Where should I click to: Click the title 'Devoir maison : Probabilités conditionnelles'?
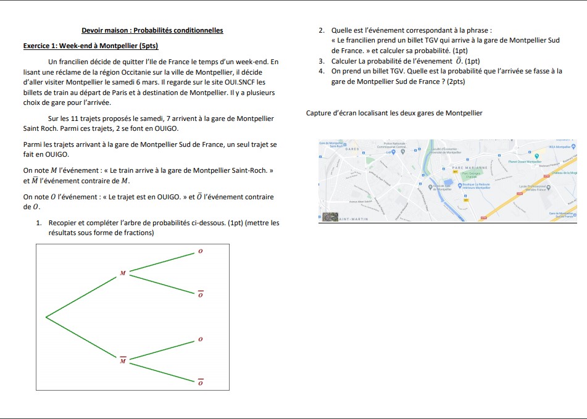pyautogui.click(x=152, y=30)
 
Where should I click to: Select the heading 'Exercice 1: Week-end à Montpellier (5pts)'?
pyautogui.click(x=91, y=46)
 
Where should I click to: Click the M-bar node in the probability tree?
pyautogui.click(x=122, y=360)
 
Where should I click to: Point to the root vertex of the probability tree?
pyautogui.click(x=46, y=317)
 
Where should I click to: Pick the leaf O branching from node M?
pyautogui.click(x=199, y=251)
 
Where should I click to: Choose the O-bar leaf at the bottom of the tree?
pyautogui.click(x=199, y=383)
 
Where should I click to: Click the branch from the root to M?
pyautogui.click(x=83, y=295)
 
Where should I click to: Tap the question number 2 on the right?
pyautogui.click(x=322, y=30)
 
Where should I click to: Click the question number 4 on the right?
pyautogui.click(x=322, y=71)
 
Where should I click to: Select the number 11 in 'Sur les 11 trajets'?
pyautogui.click(x=75, y=118)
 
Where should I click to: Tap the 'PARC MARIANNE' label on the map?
pyautogui.click(x=470, y=168)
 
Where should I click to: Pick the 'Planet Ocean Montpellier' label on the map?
pyautogui.click(x=525, y=162)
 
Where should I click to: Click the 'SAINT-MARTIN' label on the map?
pyautogui.click(x=354, y=219)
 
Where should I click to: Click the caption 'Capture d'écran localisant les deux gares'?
pyautogui.click(x=394, y=113)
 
